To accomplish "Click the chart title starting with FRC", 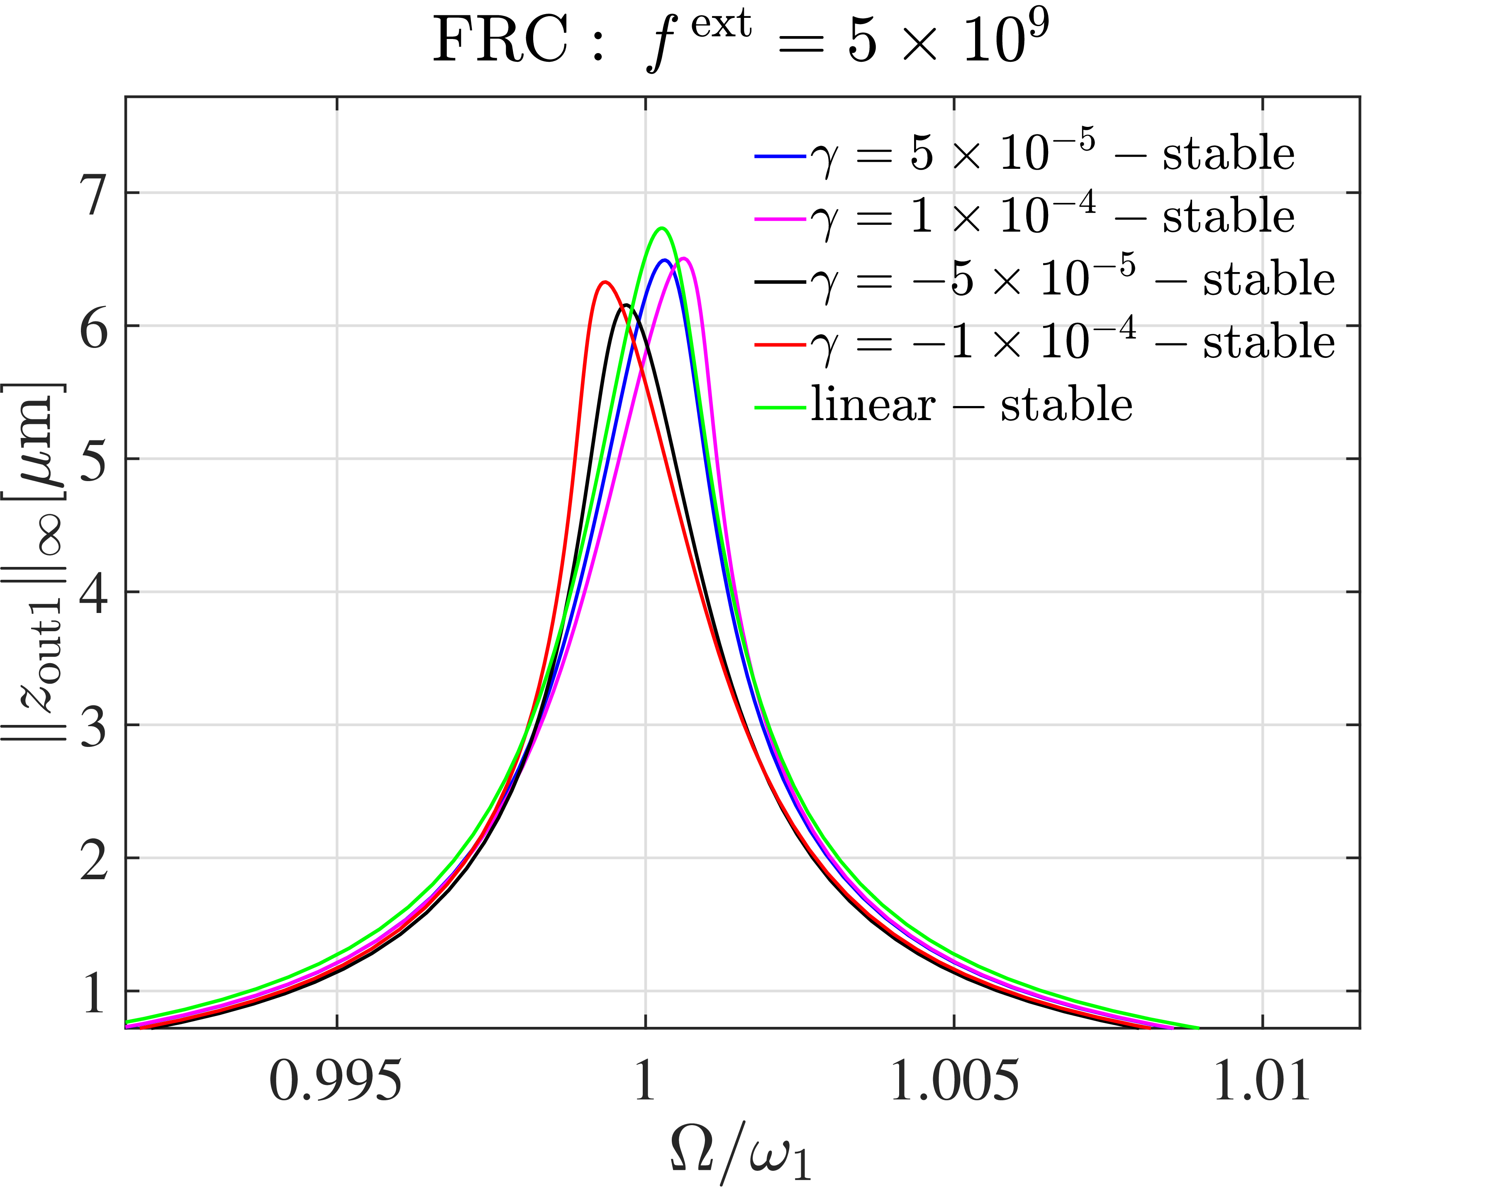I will (741, 41).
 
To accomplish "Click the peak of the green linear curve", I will (661, 228).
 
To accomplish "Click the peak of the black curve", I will (626, 306).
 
